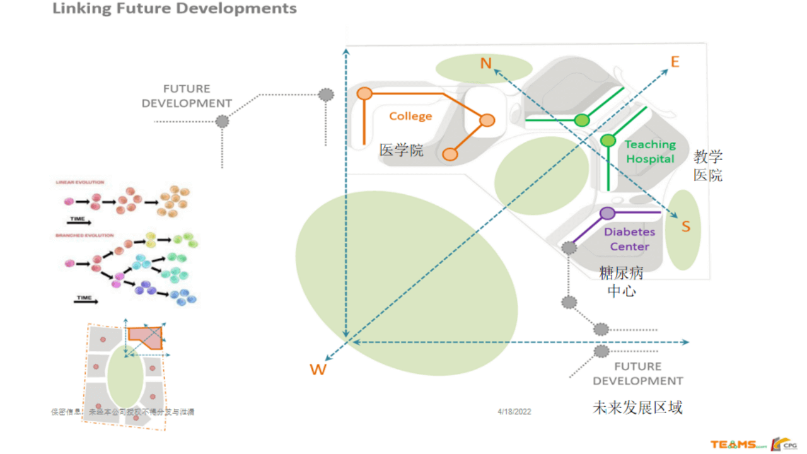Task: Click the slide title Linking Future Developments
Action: point(175,9)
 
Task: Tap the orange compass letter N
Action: point(485,63)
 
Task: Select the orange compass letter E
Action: point(675,62)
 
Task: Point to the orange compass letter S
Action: point(686,227)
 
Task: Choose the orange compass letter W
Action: point(318,370)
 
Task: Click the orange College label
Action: point(410,116)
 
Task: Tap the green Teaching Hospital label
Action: point(650,152)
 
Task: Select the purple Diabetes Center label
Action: point(629,239)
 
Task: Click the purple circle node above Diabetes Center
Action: point(607,213)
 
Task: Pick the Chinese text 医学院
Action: point(402,150)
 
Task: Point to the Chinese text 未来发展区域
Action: point(637,407)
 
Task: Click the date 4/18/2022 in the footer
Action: point(514,412)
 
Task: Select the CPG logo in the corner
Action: point(784,444)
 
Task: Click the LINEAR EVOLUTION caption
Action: point(80,182)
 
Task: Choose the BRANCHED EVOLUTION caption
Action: point(84,235)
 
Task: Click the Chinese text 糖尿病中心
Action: point(622,282)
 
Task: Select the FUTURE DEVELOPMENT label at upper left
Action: point(187,96)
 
